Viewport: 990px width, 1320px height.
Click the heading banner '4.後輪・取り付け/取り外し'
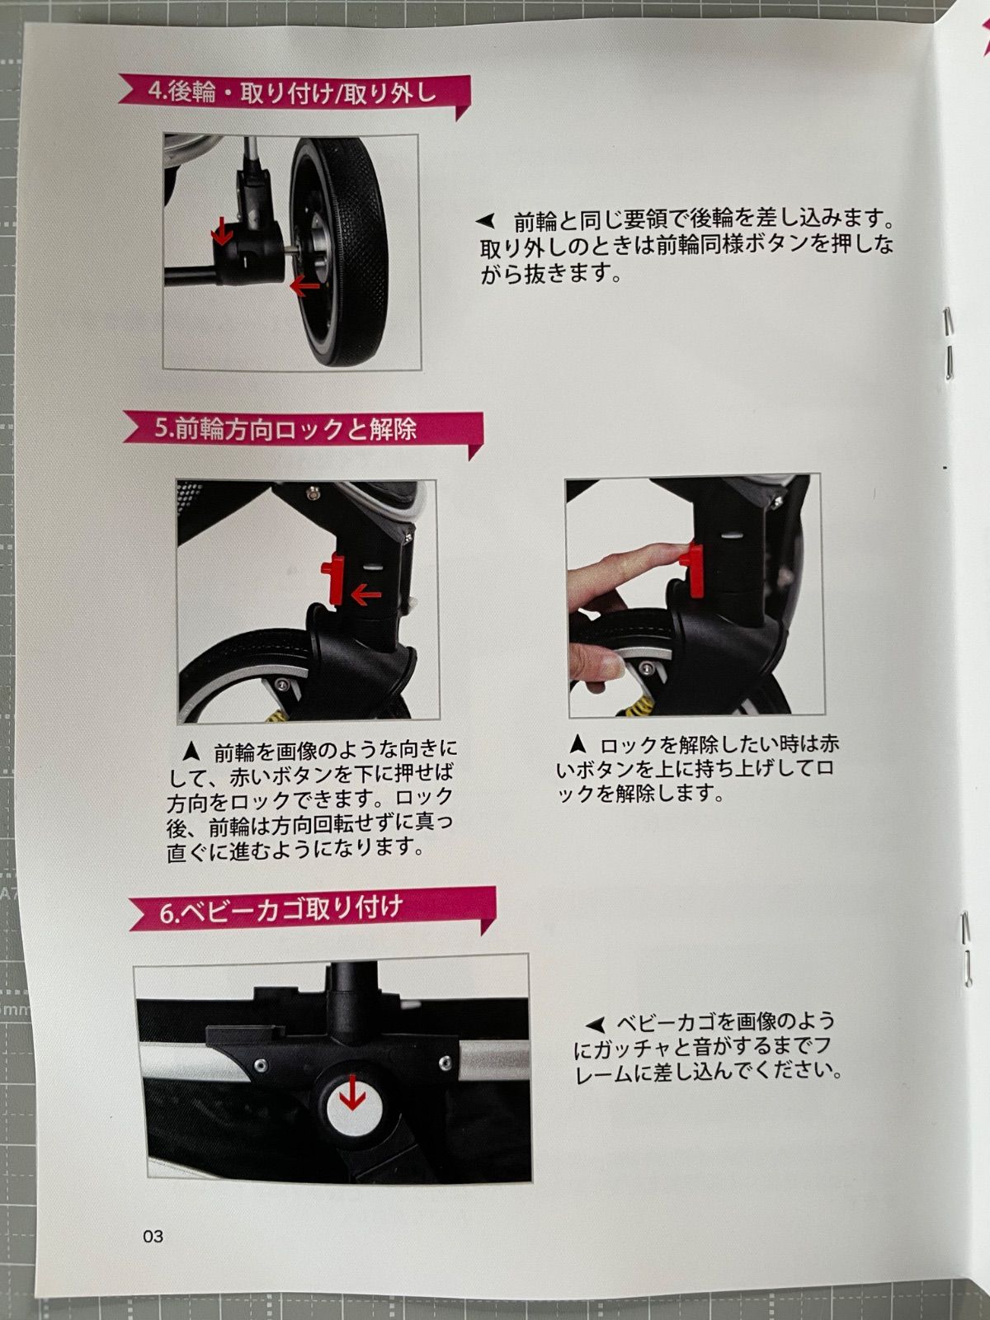click(293, 93)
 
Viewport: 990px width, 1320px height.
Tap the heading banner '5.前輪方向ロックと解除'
click(297, 429)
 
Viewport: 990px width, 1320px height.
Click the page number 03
click(153, 1236)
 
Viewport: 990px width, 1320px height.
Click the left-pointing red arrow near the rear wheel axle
click(304, 286)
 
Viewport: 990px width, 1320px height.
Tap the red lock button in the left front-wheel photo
click(333, 577)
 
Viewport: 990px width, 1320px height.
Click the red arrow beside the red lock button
click(365, 593)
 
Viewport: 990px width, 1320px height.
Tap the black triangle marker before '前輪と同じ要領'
click(486, 221)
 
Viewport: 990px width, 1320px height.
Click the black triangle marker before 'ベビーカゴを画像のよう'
click(594, 1024)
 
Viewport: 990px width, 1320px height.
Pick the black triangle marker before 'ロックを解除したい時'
click(577, 743)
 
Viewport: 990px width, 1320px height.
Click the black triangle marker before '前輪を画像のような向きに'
click(191, 752)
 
